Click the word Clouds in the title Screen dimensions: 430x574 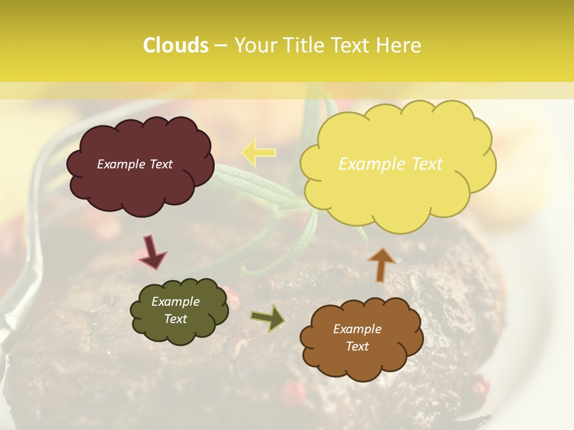click(x=176, y=45)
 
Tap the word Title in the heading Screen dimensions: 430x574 click(x=304, y=45)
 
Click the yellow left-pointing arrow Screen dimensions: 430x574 click(x=258, y=152)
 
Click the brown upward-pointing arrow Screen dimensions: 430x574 click(x=381, y=263)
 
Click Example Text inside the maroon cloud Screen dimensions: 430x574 click(x=135, y=164)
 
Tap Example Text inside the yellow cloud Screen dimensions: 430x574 click(x=390, y=164)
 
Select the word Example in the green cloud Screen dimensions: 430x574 click(x=175, y=302)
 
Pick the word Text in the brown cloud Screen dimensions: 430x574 click(x=357, y=346)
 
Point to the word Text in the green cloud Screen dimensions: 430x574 click(x=175, y=319)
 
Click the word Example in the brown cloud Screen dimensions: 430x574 click(x=357, y=329)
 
